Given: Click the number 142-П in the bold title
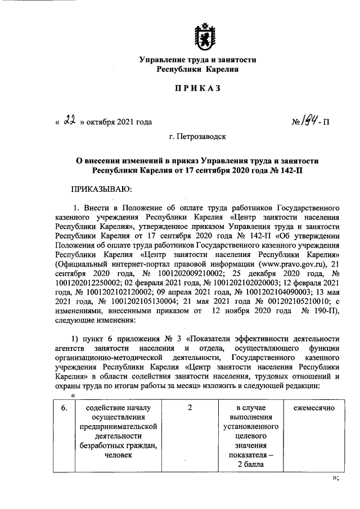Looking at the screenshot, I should point(290,169).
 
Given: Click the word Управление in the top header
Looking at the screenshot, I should point(161,58).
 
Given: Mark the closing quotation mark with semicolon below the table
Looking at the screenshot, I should point(335,479).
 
